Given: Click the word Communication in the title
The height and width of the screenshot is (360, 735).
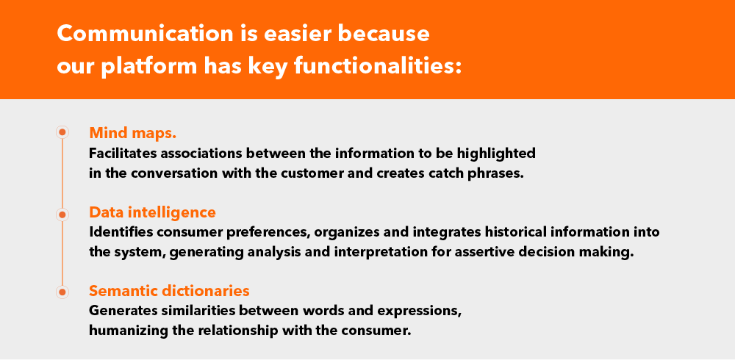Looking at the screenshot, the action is [x=145, y=34].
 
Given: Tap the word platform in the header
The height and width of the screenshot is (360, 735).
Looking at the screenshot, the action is [x=149, y=67].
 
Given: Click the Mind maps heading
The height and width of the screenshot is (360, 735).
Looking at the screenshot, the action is [x=132, y=133].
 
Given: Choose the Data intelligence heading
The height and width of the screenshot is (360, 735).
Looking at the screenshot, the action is [x=152, y=212].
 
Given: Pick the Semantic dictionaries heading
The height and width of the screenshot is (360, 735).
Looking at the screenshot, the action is [x=169, y=291].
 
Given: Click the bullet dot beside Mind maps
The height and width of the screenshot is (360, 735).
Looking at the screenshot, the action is [x=62, y=132].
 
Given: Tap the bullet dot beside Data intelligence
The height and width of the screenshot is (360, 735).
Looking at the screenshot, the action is [x=62, y=215].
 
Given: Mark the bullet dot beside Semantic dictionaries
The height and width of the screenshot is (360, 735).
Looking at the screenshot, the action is [x=62, y=292].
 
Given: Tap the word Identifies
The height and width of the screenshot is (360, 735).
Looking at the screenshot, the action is [x=121, y=232].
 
